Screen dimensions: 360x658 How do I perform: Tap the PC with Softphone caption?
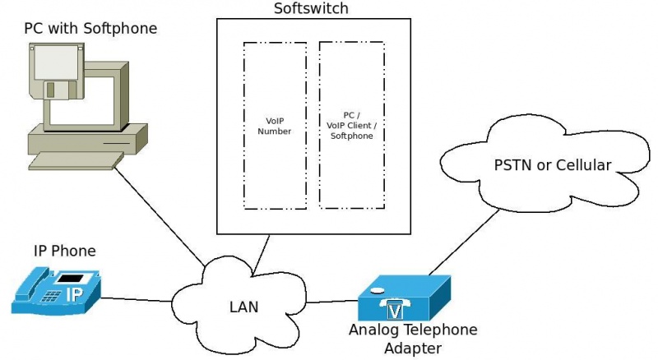(x=90, y=29)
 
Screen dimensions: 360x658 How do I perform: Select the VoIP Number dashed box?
(x=274, y=125)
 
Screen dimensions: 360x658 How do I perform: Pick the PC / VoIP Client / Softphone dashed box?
(x=351, y=125)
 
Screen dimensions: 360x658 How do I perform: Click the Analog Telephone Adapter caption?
(x=412, y=337)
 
